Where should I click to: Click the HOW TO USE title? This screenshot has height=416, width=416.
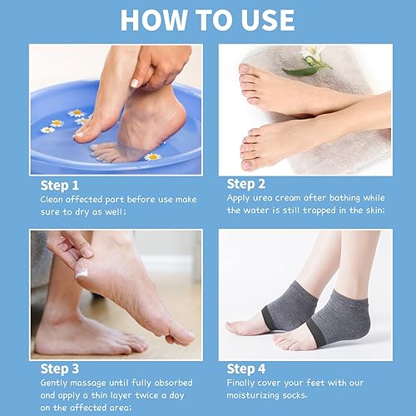click(207, 20)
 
